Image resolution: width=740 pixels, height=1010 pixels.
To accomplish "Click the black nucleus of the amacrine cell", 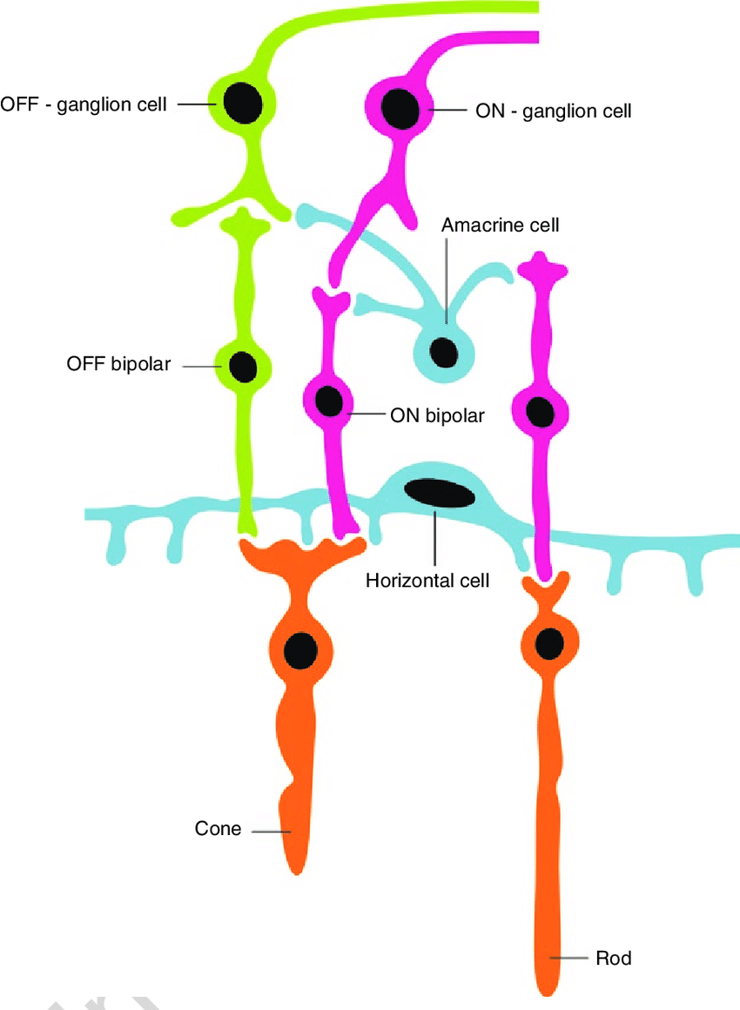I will coord(445,353).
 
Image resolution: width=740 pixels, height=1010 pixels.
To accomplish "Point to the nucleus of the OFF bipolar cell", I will coord(243,367).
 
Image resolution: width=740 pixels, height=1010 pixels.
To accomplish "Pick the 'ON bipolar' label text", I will coord(437,415).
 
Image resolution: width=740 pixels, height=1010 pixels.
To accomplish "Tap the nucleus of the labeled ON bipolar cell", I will coord(329,401).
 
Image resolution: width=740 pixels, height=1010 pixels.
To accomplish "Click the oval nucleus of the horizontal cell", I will coord(440,493).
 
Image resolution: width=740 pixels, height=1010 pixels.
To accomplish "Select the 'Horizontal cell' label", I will coord(427,579).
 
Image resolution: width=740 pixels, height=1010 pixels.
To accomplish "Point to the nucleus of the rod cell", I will coord(549,643).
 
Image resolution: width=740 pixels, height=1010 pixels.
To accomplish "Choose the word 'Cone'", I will coord(218,829).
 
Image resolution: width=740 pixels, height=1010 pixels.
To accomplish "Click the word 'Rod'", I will coord(613,959).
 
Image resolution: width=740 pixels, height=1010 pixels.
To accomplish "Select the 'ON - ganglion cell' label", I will coord(553,111).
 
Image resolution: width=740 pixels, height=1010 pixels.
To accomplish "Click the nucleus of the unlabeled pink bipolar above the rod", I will coord(541,411).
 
